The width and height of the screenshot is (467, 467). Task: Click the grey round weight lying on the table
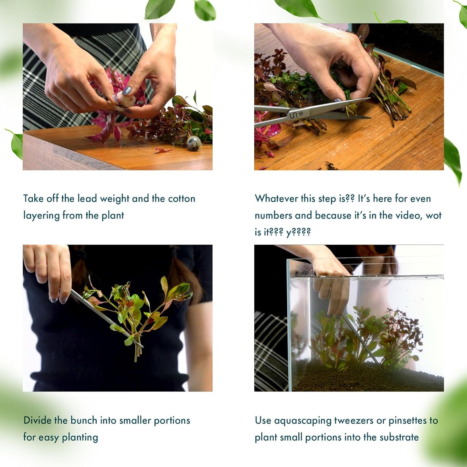194,143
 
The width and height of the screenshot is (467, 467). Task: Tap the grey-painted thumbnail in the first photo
127,91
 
